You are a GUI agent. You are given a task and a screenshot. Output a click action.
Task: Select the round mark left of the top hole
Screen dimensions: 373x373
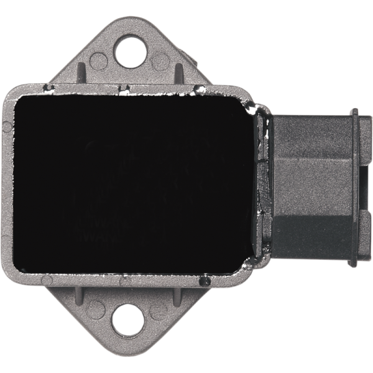coord(98,60)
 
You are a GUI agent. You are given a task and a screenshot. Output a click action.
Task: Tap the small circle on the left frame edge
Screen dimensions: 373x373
coord(6,127)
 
